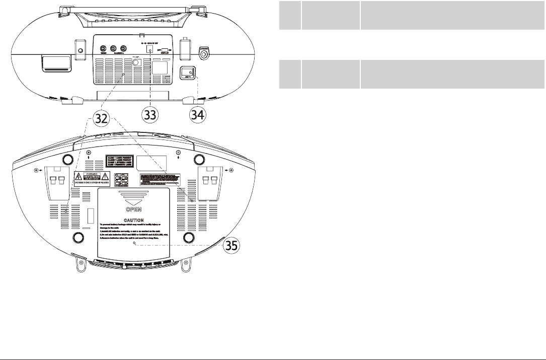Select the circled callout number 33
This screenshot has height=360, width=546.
[x=150, y=114]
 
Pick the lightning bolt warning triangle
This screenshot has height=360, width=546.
[x=79, y=177]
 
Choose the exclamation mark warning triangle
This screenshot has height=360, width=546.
[x=106, y=177]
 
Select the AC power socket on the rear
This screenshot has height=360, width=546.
[x=188, y=74]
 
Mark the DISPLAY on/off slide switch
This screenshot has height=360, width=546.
[x=165, y=50]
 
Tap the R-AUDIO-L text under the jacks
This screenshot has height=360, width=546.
[x=119, y=52]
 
